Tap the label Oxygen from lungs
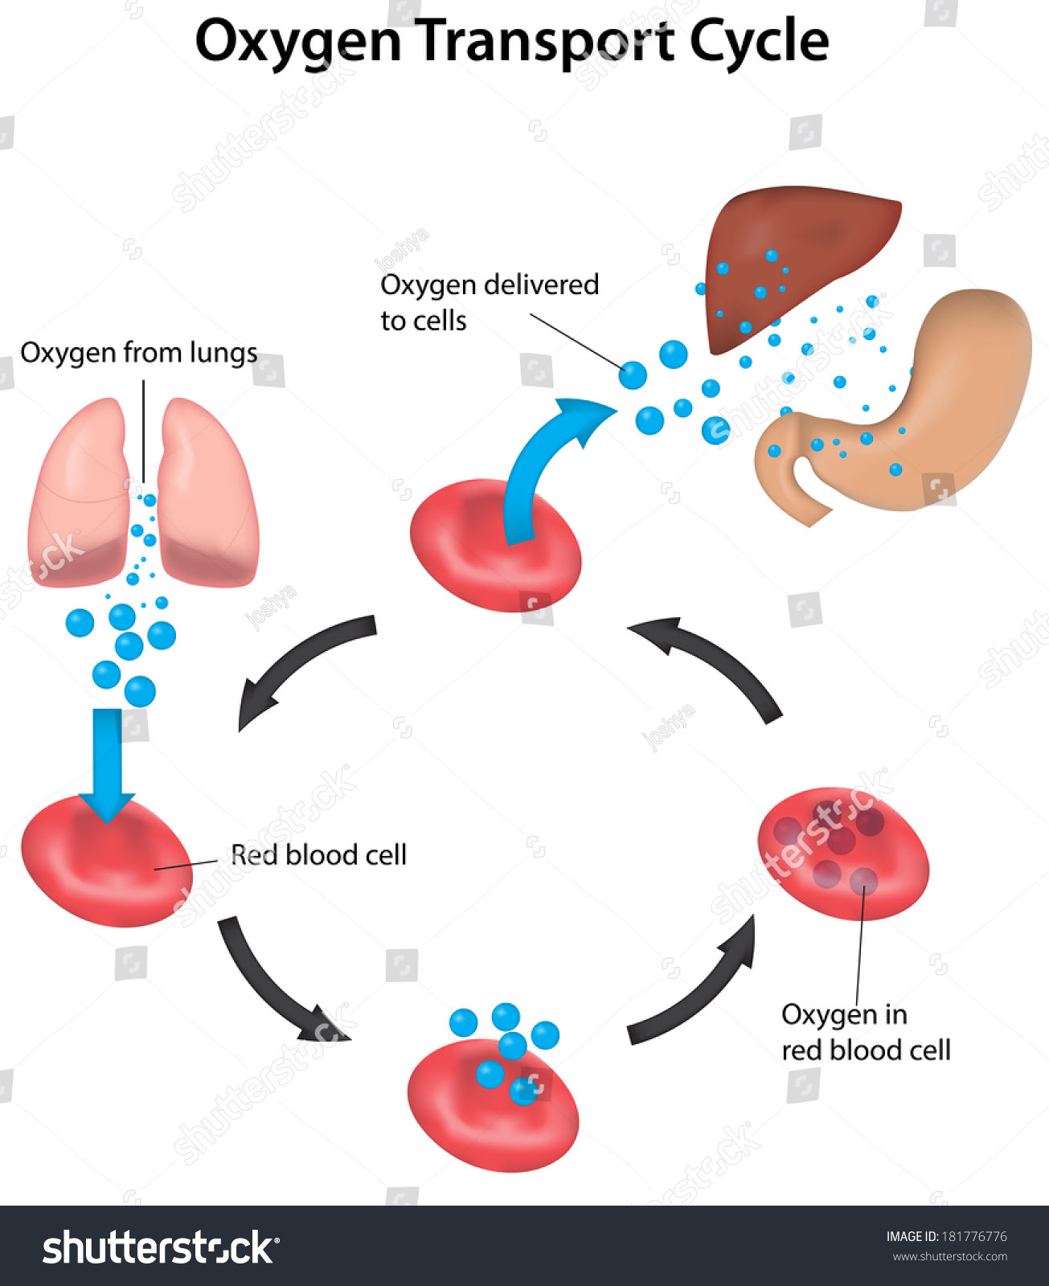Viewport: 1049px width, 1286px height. pyautogui.click(x=139, y=354)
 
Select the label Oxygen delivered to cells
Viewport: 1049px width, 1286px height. pyautogui.click(x=490, y=302)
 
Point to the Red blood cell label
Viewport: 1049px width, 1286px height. pyautogui.click(x=318, y=855)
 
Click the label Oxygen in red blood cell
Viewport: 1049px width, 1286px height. pyautogui.click(x=866, y=1032)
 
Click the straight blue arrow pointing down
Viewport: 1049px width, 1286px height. pyautogui.click(x=107, y=766)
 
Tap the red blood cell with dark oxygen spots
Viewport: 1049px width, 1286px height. pyautogui.click(x=843, y=854)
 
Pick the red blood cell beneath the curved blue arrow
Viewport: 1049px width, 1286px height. pyautogui.click(x=495, y=546)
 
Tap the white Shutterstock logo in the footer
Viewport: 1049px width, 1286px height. pyautogui.click(x=161, y=1247)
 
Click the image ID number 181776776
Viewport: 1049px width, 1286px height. pyautogui.click(x=974, y=1236)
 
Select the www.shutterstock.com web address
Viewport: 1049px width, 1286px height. pyautogui.click(x=949, y=1256)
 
